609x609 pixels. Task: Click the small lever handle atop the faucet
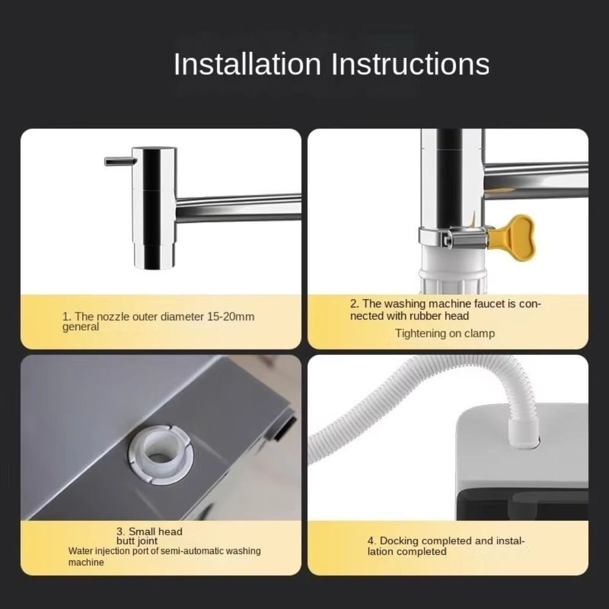(118, 161)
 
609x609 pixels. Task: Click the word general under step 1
(80, 327)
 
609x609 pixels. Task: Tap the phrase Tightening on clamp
(445, 334)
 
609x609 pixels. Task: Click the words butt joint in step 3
(137, 541)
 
